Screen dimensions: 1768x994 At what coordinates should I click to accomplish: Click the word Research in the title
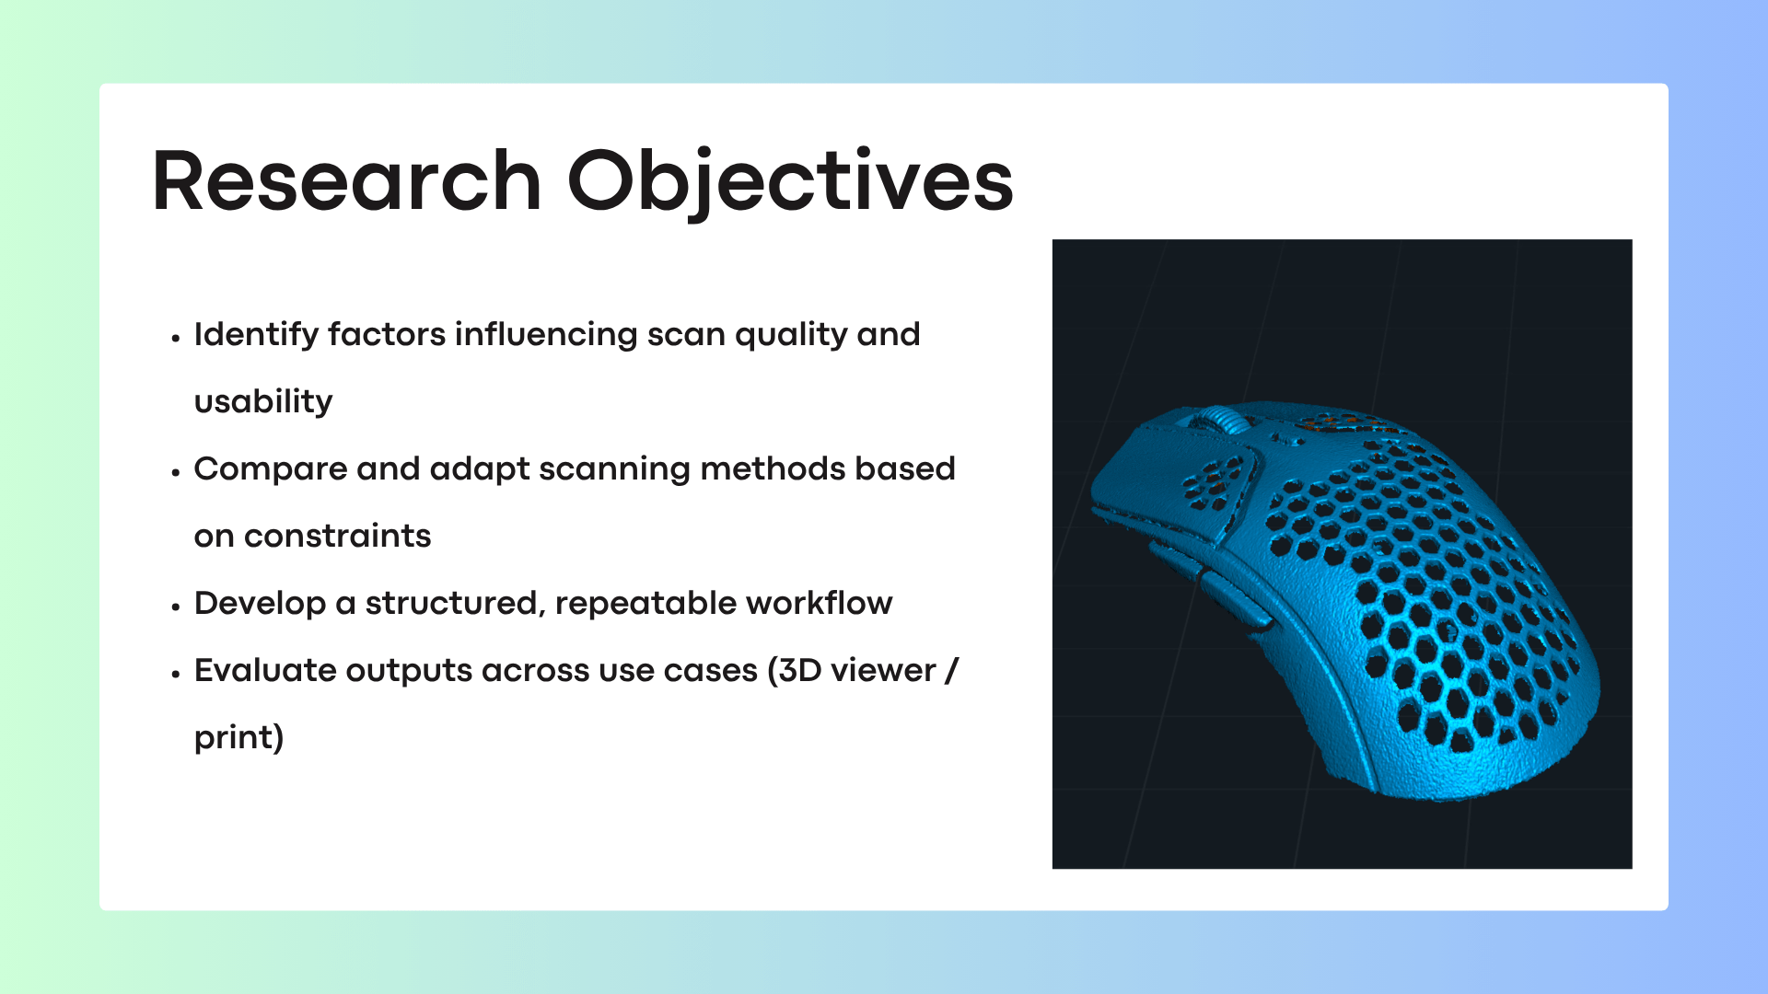[x=346, y=181]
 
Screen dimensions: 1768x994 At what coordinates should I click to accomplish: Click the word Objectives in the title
[x=790, y=183]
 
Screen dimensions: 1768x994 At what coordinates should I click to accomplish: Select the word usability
[x=263, y=401]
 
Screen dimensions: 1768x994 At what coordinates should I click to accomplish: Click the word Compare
[x=271, y=469]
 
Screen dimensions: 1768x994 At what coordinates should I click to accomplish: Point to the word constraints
[x=337, y=536]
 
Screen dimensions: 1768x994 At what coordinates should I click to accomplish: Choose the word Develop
[x=260, y=604]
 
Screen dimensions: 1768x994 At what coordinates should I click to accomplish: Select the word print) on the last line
[x=238, y=738]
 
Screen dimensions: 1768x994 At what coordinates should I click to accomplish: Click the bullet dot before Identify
[x=176, y=338]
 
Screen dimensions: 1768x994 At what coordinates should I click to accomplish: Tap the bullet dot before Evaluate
[x=176, y=674]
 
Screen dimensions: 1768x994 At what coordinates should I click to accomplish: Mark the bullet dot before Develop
[x=176, y=607]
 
